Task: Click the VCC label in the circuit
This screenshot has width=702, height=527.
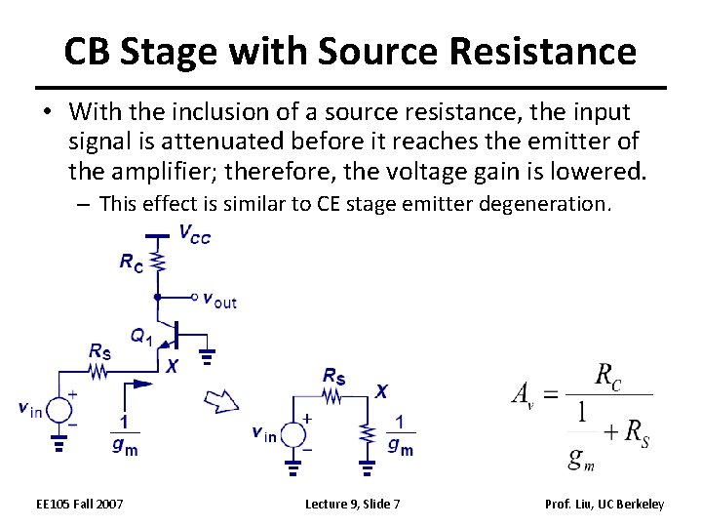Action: click(x=194, y=234)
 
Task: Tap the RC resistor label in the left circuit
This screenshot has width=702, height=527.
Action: click(x=132, y=261)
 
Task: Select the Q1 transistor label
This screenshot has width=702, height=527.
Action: click(x=141, y=337)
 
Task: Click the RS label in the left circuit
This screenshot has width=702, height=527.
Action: click(x=99, y=351)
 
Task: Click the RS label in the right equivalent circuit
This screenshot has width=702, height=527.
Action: click(x=333, y=375)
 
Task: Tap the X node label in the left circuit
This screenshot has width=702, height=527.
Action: click(x=173, y=367)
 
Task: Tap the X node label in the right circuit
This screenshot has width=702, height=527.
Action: click(x=381, y=391)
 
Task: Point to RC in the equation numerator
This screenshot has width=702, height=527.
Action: click(x=607, y=376)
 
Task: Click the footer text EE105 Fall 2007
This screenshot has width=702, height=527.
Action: click(x=80, y=504)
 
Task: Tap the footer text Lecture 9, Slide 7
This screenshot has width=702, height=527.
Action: click(x=352, y=504)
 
